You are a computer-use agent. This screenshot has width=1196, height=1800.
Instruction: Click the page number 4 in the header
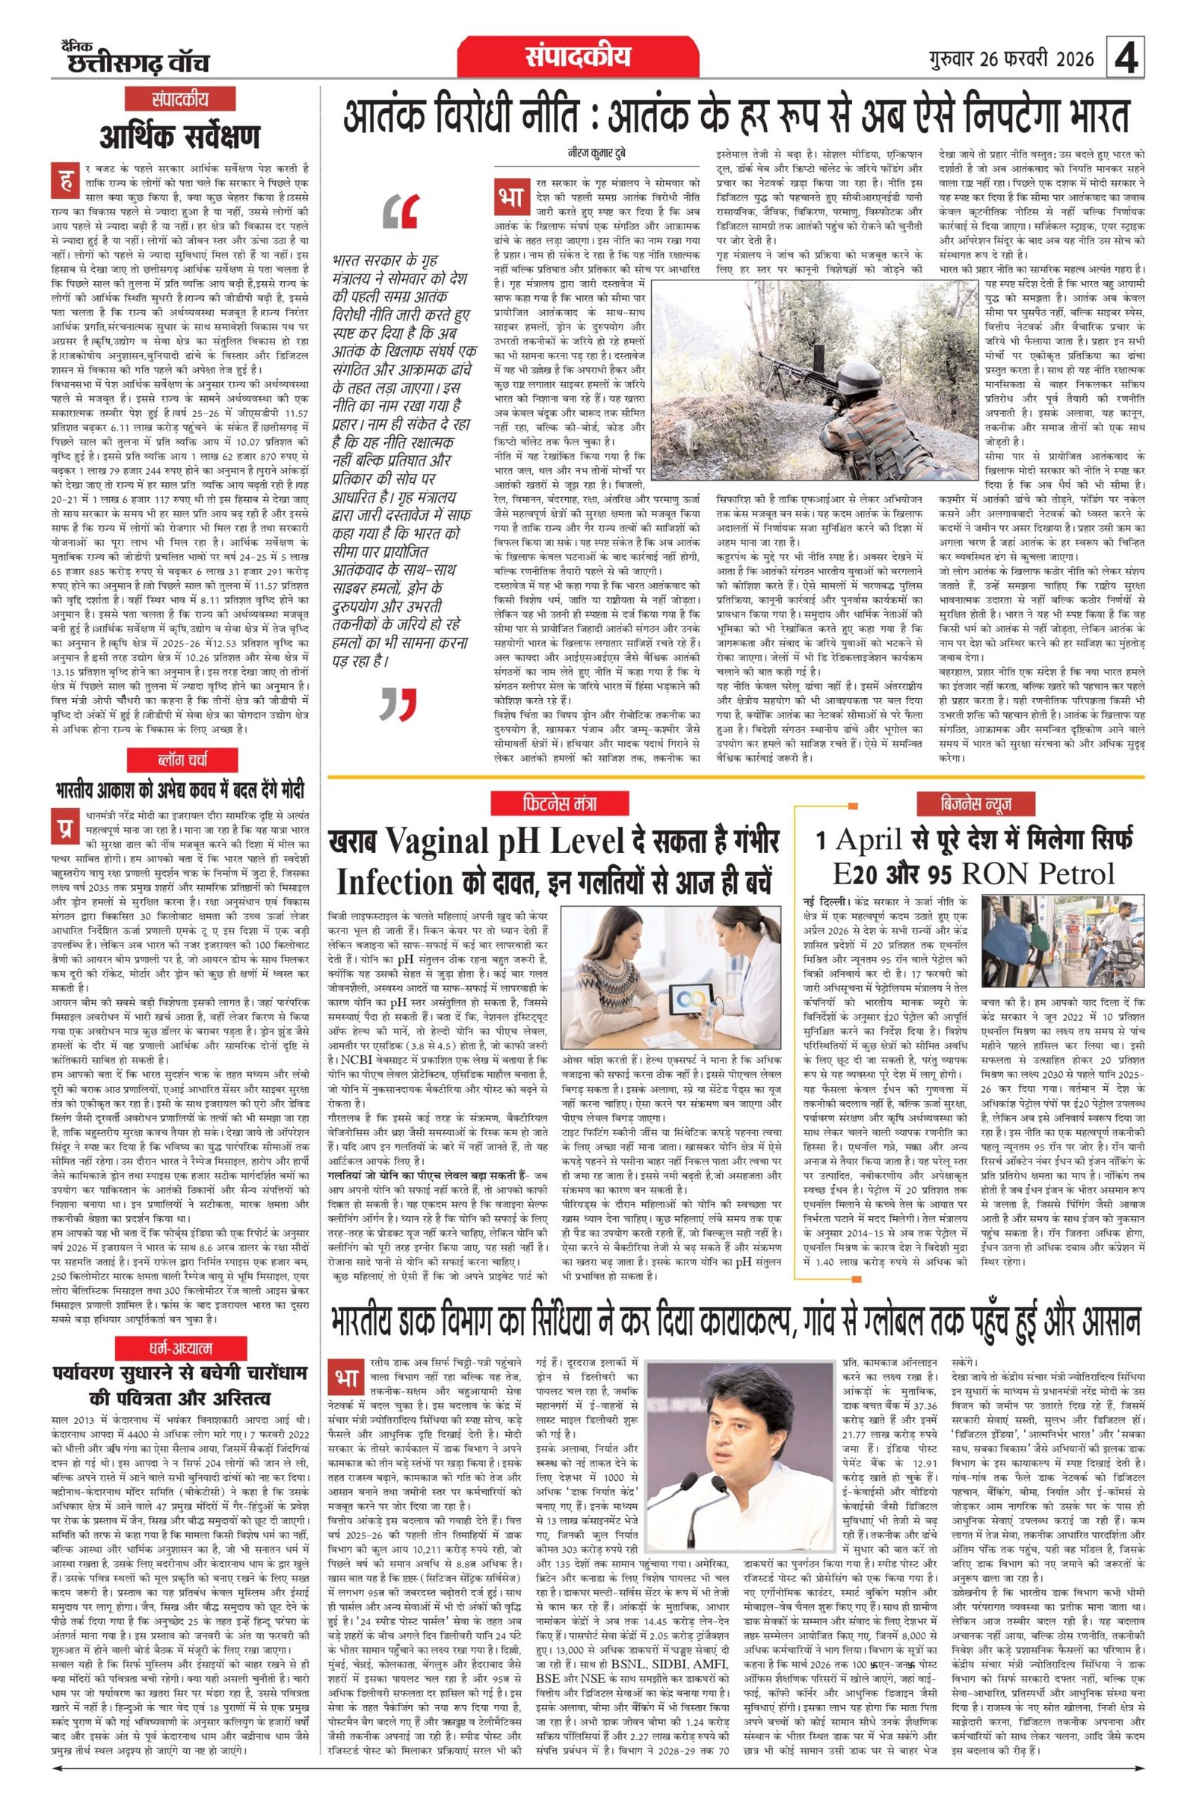pyautogui.click(x=1126, y=59)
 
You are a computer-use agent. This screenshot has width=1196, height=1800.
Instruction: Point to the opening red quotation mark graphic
pyautogui.click(x=402, y=213)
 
